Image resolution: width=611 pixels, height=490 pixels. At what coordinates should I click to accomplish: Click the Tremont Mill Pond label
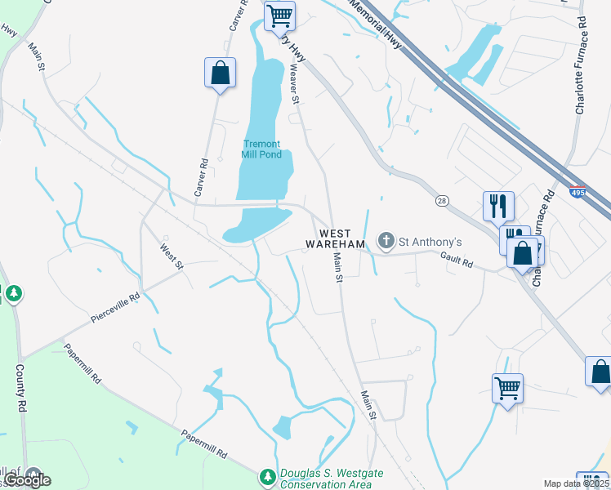coord(261,149)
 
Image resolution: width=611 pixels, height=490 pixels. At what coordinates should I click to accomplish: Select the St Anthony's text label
coord(430,242)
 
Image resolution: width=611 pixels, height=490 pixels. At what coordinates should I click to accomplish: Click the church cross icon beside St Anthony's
coord(386,241)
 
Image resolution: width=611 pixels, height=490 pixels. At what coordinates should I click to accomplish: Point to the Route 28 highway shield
coord(442,200)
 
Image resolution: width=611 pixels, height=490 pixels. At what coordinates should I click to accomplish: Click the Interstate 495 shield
coord(577,194)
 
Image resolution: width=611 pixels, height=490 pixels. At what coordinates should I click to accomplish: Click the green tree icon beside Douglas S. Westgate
coord(266,475)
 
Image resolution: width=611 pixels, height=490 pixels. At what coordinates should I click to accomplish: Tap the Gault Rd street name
coord(457,260)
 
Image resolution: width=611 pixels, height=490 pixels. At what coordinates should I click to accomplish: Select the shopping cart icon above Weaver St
coord(279,14)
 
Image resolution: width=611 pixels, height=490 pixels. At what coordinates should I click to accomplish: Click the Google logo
coord(26,480)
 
